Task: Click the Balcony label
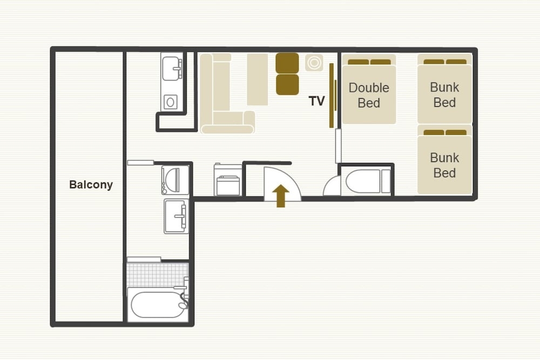click(x=91, y=185)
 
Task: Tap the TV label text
click(x=316, y=101)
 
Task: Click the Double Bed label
click(x=369, y=95)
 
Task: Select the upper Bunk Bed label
click(x=444, y=94)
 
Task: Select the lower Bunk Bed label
click(x=444, y=165)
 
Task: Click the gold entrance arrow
click(x=281, y=195)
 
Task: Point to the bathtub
click(x=158, y=304)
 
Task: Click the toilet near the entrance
click(x=368, y=181)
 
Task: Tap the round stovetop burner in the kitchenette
click(x=171, y=102)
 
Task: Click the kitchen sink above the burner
click(x=172, y=69)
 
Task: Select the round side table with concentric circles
click(x=314, y=63)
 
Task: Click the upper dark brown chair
click(x=287, y=63)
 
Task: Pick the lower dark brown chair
click(x=287, y=85)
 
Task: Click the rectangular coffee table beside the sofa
click(x=257, y=79)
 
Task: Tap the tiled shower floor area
click(x=157, y=275)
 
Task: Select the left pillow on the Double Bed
click(x=358, y=62)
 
